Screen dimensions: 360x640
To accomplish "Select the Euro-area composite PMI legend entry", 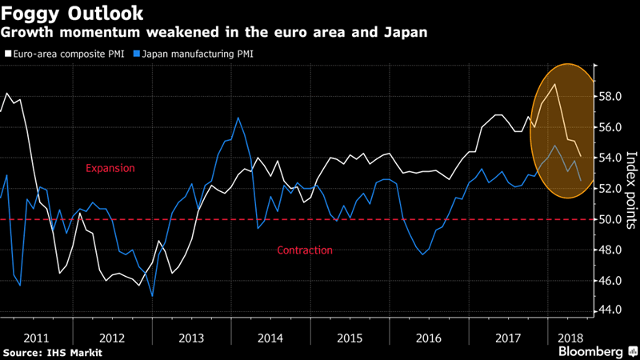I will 65,54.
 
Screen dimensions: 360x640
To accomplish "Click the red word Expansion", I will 110,169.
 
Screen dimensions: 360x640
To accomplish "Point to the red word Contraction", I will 305,250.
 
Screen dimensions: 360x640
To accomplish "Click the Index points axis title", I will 630,189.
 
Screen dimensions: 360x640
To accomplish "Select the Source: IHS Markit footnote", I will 53,351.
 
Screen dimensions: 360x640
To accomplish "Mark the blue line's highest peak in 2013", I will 238,118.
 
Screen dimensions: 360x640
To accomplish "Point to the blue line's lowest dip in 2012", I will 152,295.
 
